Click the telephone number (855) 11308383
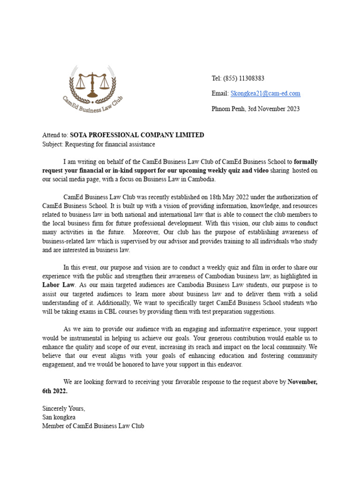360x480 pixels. [x=244, y=78]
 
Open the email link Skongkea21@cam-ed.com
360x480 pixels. [x=265, y=93]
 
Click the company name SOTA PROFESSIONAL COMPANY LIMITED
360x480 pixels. [x=137, y=135]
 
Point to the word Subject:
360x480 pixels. [x=52, y=144]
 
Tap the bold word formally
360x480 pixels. [x=306, y=162]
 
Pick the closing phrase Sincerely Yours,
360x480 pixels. [x=64, y=408]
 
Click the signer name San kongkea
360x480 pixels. [x=59, y=417]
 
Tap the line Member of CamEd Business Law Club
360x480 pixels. [x=93, y=426]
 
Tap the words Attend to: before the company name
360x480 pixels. [x=55, y=135]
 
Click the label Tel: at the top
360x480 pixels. [x=216, y=78]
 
